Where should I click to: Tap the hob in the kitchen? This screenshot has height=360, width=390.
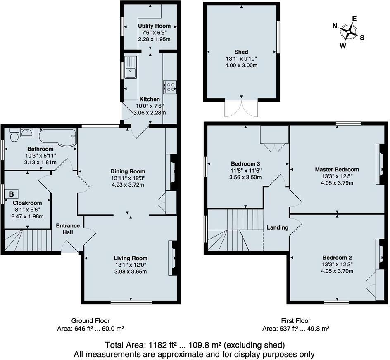point(170,86)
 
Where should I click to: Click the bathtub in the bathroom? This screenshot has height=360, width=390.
point(57,135)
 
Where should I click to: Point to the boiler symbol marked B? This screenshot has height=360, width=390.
point(12,194)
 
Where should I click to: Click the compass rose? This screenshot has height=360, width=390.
point(350,31)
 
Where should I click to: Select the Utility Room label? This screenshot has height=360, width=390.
point(154,26)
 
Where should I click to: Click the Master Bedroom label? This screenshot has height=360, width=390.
point(337,169)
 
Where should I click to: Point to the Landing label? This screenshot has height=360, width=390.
point(277,227)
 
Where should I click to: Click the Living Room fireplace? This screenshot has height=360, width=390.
point(172,258)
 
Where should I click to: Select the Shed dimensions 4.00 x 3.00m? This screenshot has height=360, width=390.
point(241,65)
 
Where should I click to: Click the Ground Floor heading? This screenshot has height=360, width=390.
point(90,321)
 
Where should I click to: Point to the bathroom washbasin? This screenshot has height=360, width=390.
point(27,133)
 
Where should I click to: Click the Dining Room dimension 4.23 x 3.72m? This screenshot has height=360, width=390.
point(128,185)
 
